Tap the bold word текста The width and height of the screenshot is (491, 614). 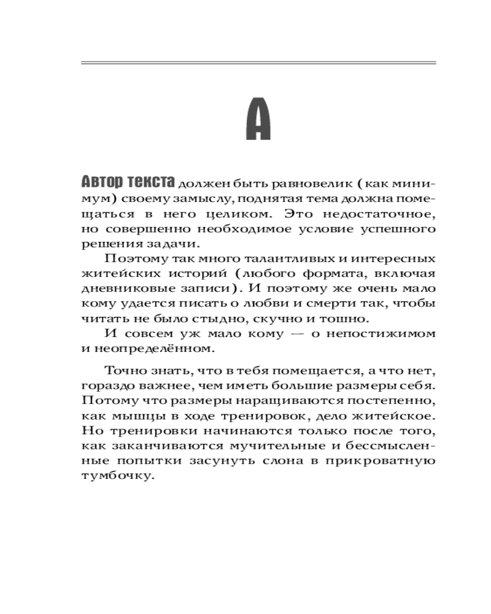pyautogui.click(x=151, y=183)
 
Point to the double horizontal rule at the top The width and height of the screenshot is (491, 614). pyautogui.click(x=258, y=63)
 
